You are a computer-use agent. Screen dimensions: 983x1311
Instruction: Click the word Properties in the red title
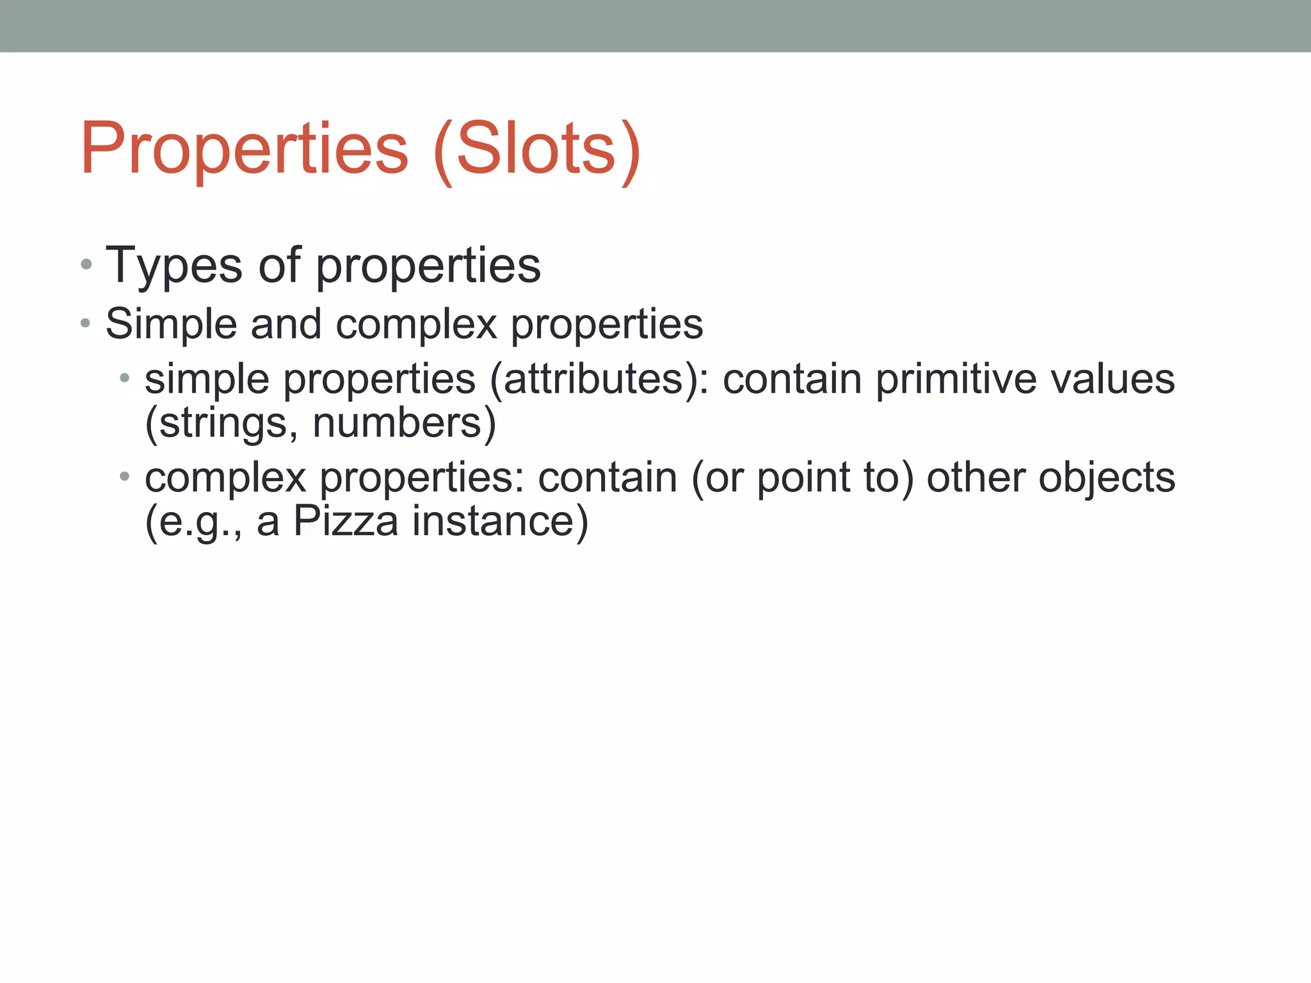coord(244,150)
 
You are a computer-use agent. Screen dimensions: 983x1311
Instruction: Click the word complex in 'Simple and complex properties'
coord(416,324)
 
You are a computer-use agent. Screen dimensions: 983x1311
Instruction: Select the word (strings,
coord(221,423)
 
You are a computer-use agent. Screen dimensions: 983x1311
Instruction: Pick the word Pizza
coord(346,521)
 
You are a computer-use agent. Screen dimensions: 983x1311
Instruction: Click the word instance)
coord(500,521)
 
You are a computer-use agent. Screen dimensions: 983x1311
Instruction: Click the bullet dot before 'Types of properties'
coord(86,264)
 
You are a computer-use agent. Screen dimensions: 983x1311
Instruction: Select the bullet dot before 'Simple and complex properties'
coord(86,323)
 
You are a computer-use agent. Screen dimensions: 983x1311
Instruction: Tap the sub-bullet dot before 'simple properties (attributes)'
coord(125,378)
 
